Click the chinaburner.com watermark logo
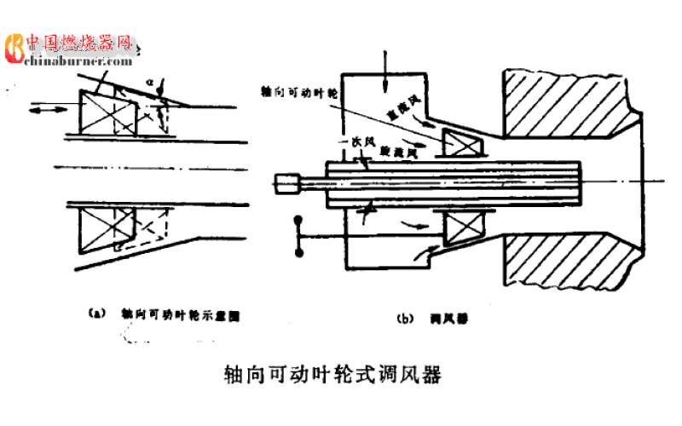pos(70,50)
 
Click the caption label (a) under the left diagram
pos(96,314)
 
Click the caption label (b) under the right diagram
pos(405,319)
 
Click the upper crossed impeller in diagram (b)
pos(461,140)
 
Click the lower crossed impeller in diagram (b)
pos(461,232)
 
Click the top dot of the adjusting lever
pos(298,221)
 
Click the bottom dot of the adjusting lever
pos(298,253)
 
